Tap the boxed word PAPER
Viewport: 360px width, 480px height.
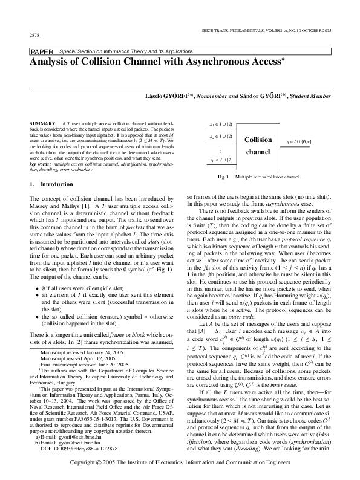41,53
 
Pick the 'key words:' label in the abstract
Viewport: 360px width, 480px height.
41,164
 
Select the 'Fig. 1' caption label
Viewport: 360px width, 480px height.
223,177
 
